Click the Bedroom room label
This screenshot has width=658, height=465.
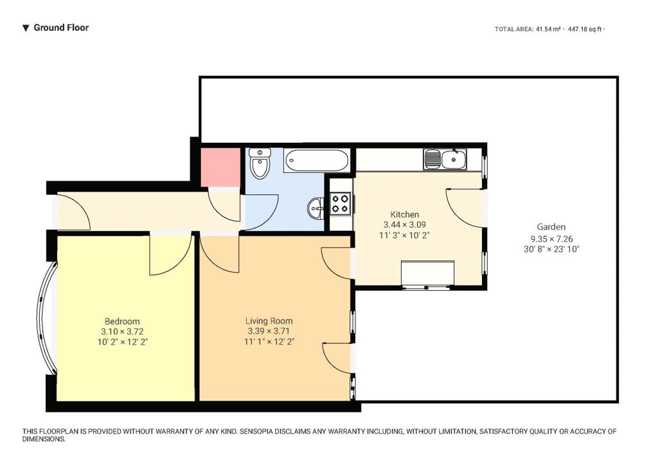pyautogui.click(x=122, y=322)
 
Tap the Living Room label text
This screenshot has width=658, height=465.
pyautogui.click(x=269, y=322)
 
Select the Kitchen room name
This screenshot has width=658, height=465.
pyautogui.click(x=405, y=214)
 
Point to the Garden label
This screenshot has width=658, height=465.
pyautogui.click(x=551, y=227)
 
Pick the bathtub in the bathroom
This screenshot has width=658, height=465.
pyautogui.click(x=316, y=160)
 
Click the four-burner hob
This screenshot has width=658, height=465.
pyautogui.click(x=341, y=204)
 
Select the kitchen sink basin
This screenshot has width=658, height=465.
pyautogui.click(x=453, y=160)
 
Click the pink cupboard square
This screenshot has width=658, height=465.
pyautogui.click(x=221, y=167)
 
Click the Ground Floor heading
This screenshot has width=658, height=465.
pyautogui.click(x=61, y=28)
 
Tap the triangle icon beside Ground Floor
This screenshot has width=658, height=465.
pyautogui.click(x=26, y=28)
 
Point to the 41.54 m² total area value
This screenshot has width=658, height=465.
pyautogui.click(x=547, y=29)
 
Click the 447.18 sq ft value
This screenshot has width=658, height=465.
pyautogui.click(x=585, y=29)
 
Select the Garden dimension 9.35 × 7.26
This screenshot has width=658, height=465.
pyautogui.click(x=551, y=239)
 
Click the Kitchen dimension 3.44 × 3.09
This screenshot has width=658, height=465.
pyautogui.click(x=405, y=224)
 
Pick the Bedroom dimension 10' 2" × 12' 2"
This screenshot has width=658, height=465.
pyautogui.click(x=123, y=342)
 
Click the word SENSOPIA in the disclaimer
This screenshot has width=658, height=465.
pyautogui.click(x=256, y=432)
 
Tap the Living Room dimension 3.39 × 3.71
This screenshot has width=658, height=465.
pyautogui.click(x=269, y=331)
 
